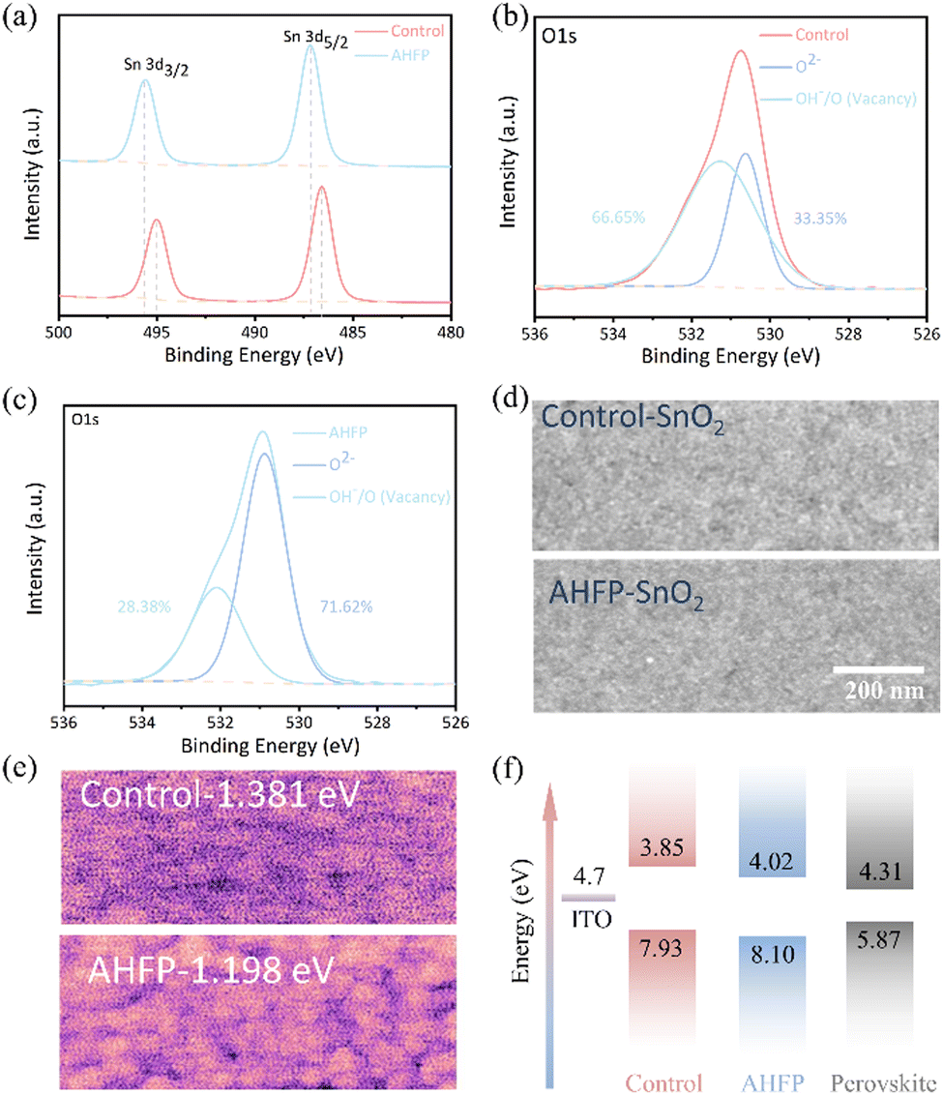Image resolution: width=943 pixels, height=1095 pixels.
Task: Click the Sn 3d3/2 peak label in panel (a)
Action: pos(156,67)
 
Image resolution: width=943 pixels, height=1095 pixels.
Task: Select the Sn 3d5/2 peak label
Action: pos(315,39)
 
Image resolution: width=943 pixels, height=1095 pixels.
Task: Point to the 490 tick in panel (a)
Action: pos(254,333)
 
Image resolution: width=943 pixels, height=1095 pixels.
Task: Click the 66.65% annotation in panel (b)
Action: pos(618,218)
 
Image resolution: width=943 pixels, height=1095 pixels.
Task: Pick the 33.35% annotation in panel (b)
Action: pos(819,219)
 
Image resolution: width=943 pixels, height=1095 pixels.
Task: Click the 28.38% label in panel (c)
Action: pos(144,607)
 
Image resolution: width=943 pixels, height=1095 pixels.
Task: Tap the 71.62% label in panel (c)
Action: pos(346,607)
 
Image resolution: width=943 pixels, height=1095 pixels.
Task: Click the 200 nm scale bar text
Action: pos(884,690)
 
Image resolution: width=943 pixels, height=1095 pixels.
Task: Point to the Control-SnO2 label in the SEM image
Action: pos(633,418)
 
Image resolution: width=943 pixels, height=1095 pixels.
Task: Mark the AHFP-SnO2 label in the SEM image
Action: pos(626,594)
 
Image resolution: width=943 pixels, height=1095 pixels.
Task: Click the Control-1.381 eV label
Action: pos(220,795)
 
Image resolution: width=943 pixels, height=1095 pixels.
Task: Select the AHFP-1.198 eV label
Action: pos(211,969)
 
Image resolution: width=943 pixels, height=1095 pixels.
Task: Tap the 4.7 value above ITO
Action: pos(588,875)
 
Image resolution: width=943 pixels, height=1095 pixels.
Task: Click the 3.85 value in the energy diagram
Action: pos(662,847)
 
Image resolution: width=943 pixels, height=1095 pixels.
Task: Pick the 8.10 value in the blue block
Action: pos(772,953)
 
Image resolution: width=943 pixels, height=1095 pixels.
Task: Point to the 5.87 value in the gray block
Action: pos(879,939)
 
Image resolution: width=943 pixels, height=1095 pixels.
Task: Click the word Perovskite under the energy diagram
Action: pos(883,1083)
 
